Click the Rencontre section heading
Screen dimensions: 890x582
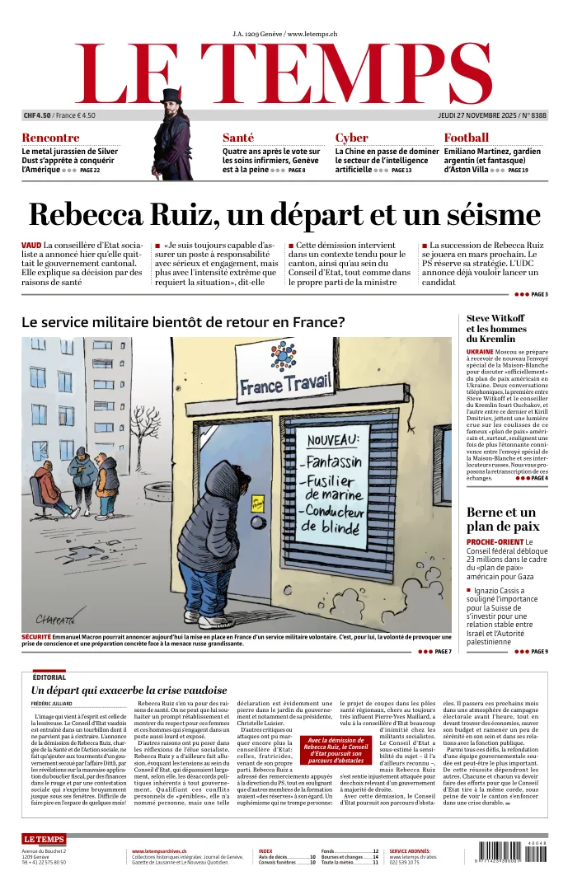(50, 138)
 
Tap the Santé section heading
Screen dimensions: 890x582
(238, 138)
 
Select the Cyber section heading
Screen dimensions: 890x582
(351, 138)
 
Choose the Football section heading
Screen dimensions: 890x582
(466, 138)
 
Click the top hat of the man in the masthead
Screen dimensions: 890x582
(171, 96)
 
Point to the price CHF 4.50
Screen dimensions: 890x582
(37, 115)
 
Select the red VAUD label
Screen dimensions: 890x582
(31, 246)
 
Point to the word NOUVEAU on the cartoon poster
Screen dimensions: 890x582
(334, 441)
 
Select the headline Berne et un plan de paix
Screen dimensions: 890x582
(501, 519)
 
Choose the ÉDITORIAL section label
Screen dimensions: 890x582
(49, 677)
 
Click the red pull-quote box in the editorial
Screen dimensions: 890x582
(336, 750)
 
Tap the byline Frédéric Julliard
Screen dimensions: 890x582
(51, 704)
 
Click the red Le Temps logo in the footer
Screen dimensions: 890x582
(43, 839)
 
